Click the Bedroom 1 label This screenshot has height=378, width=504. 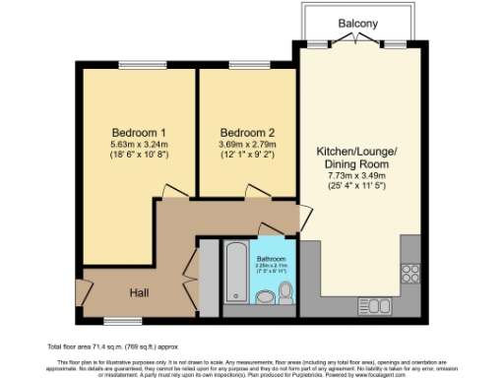(x=138, y=133)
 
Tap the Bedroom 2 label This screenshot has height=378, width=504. (x=246, y=133)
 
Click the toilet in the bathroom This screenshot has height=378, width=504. (x=285, y=292)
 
